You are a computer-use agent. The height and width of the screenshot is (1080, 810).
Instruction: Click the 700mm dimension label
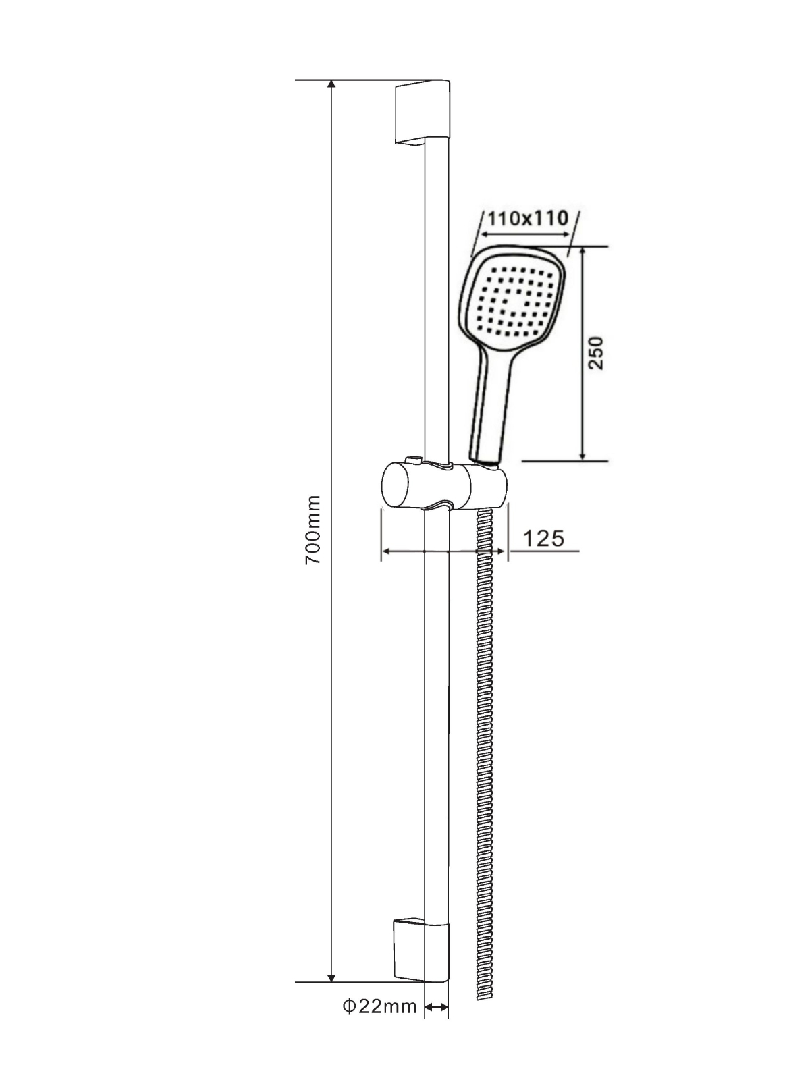coord(313,530)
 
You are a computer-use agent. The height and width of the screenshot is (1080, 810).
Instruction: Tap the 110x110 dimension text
coord(528,218)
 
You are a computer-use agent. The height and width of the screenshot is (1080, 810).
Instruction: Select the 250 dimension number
coord(595,353)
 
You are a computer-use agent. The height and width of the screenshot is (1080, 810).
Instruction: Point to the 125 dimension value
coord(543,539)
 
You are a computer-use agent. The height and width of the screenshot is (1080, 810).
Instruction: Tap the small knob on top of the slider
coord(414,460)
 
